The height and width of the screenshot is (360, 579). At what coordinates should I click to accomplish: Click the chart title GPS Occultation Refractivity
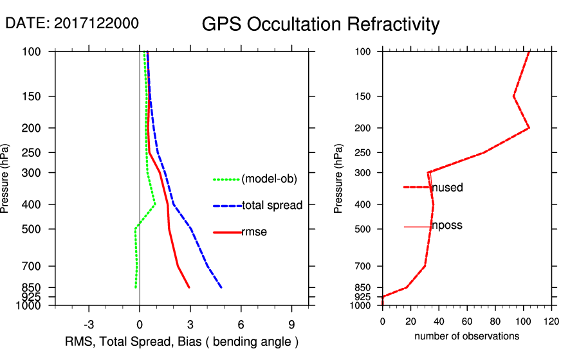coord(320,24)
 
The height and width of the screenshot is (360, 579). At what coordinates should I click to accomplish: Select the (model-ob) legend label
coord(269,179)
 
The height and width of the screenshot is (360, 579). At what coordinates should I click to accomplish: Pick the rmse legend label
coord(254,232)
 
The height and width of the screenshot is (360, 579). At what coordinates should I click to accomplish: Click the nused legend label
coord(447,188)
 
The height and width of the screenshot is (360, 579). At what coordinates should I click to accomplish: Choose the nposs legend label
coord(446,226)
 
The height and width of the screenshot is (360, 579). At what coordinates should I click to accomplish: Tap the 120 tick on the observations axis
coord(551,321)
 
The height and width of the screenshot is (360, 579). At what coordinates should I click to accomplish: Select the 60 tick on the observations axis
coord(466,321)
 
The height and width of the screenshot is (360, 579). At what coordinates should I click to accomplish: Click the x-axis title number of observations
coord(466,336)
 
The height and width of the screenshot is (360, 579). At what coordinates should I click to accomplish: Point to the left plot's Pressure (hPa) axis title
coord(6,178)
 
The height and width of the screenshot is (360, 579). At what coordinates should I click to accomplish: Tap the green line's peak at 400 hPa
coord(155,204)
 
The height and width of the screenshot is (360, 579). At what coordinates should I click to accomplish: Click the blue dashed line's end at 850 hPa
coord(222,287)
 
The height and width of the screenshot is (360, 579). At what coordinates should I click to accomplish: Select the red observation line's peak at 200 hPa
coord(529,128)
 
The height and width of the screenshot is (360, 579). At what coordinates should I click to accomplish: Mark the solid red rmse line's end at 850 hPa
coord(189,287)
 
